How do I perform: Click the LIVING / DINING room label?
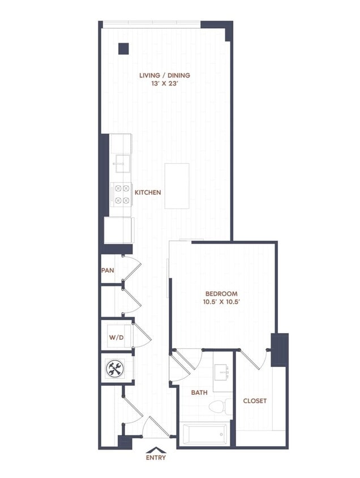click(x=164, y=75)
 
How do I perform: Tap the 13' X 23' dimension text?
click(x=164, y=84)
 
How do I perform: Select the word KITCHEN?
click(x=148, y=193)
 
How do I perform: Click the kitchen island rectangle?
click(x=177, y=185)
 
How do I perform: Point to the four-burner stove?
click(x=121, y=194)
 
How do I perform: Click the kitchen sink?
click(x=121, y=164)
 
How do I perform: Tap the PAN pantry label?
click(x=108, y=270)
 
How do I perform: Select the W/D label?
click(x=116, y=338)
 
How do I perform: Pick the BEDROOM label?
click(x=221, y=294)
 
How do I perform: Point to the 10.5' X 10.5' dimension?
click(x=221, y=302)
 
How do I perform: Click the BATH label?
click(x=199, y=392)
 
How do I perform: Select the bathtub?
click(x=204, y=434)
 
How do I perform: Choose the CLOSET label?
click(x=255, y=401)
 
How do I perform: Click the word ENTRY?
click(x=156, y=458)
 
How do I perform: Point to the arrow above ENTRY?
click(x=156, y=449)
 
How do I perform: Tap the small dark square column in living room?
click(x=123, y=49)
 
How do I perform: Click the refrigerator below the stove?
click(x=118, y=230)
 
